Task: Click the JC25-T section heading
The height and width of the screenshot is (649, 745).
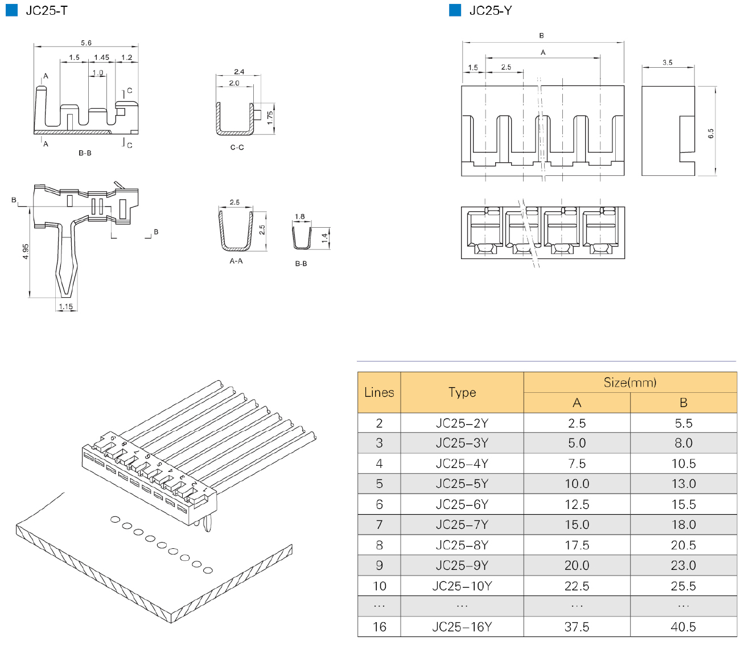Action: pos(46,11)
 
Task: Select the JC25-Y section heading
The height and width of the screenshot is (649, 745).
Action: pos(490,11)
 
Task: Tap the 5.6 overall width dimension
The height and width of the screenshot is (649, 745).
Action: pos(86,43)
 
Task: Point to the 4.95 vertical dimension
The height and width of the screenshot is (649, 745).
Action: pos(26,252)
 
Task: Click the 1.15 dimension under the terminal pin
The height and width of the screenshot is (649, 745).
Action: pos(66,307)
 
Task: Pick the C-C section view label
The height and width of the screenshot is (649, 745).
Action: pos(237,147)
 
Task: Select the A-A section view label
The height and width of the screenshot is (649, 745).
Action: pos(236,261)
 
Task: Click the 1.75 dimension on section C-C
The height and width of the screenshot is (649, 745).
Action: pos(270,118)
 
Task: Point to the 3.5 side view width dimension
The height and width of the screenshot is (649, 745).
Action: pos(668,63)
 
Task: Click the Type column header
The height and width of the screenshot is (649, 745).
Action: pos(462,392)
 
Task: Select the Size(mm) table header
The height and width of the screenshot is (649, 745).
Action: pos(630,383)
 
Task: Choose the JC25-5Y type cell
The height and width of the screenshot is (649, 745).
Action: pos(462,484)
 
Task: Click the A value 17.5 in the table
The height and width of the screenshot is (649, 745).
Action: pos(577,545)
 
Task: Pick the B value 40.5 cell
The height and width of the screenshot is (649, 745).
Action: pos(683,627)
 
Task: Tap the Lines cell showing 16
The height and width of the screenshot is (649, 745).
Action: pos(379,627)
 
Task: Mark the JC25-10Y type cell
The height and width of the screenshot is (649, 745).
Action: pos(462,586)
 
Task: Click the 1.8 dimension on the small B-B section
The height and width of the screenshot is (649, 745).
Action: pos(300,217)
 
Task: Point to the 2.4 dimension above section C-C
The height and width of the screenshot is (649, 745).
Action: pos(239,72)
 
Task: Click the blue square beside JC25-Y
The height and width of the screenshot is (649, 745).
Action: pos(455,10)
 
